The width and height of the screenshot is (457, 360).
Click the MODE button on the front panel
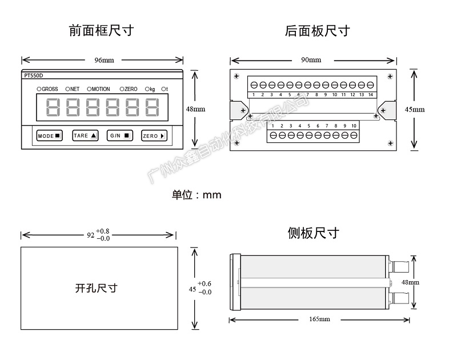coord(49,136)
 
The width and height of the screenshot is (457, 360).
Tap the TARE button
coord(85,136)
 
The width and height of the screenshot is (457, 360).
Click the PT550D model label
coord(35,75)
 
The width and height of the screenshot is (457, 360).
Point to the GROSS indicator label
coord(49,89)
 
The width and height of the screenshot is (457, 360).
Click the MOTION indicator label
coord(98,89)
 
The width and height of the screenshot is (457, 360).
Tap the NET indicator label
coord(73,89)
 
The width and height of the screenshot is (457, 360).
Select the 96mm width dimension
coord(103,60)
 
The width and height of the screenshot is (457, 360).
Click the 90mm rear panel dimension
coord(311,60)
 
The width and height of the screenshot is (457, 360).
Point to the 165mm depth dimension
coord(320,319)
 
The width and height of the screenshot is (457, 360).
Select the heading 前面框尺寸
coord(101,30)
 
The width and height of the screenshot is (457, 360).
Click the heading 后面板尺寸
coord(317,30)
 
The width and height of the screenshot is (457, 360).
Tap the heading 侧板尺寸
coord(314,233)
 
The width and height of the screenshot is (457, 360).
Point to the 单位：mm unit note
coord(197,195)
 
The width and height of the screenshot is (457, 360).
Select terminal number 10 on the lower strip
coord(354,125)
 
